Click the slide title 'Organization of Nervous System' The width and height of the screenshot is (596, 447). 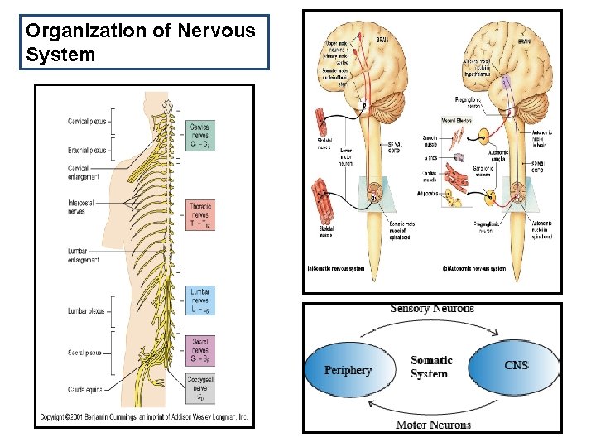pos(141,43)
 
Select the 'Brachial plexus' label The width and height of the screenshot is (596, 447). pos(87,151)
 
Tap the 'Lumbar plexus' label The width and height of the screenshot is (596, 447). pos(87,312)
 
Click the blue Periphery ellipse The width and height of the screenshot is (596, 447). pos(348,370)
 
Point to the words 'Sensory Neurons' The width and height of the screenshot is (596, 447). pos(432,309)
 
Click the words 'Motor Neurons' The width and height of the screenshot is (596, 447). pos(432,425)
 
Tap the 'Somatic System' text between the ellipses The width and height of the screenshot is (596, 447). pos(431,367)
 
